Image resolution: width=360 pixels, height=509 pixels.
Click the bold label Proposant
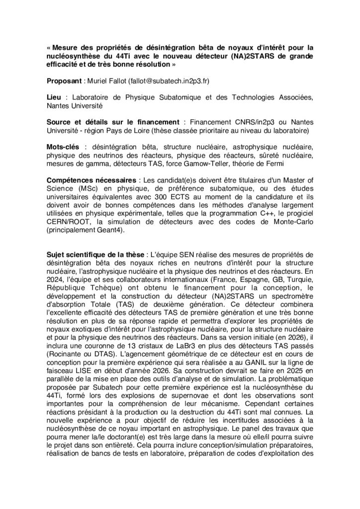tap(64, 81)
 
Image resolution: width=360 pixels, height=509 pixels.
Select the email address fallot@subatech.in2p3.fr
tap(169, 81)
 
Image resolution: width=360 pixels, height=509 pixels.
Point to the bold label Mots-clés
tap(64, 147)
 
